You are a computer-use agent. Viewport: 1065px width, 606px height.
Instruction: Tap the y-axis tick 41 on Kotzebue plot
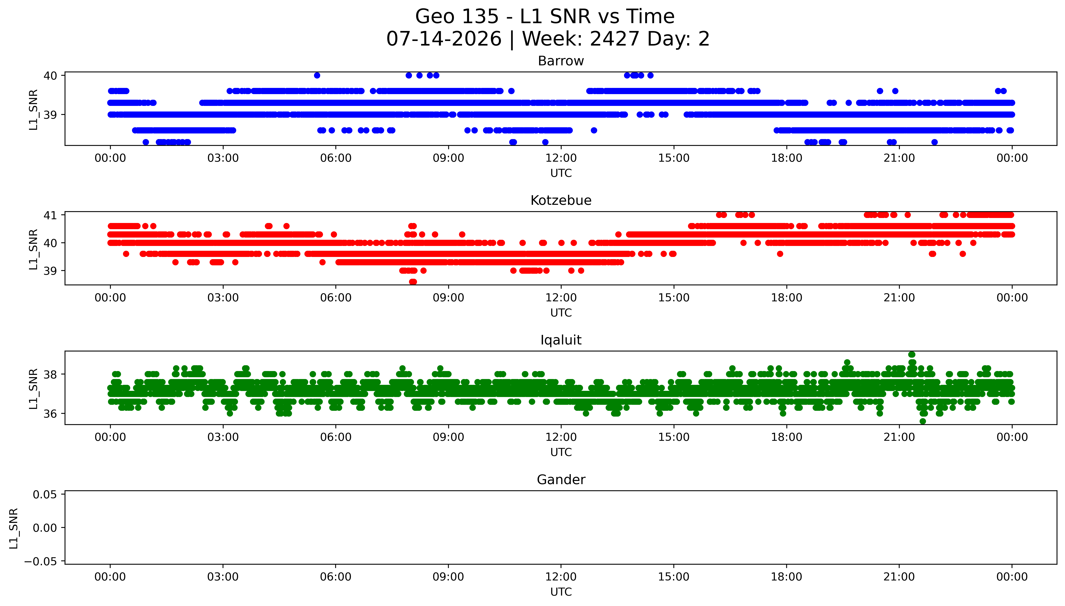(50, 215)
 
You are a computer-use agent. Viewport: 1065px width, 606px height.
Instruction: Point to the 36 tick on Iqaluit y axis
(50, 414)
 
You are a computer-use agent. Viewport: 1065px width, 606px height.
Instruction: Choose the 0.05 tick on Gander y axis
(45, 495)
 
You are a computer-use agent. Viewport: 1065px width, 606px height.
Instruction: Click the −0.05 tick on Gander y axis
(41, 561)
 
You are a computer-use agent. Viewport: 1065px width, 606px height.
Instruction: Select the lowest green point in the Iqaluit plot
(923, 421)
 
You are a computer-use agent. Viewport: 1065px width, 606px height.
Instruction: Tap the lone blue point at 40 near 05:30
(317, 75)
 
